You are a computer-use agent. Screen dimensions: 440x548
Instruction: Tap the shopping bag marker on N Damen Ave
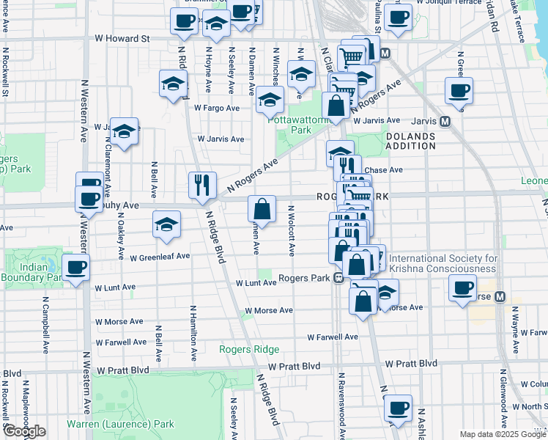click(262, 209)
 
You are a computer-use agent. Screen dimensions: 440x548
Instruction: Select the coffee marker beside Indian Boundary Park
click(76, 268)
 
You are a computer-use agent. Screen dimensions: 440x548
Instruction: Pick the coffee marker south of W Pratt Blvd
click(398, 408)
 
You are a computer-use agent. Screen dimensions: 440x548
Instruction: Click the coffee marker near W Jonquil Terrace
click(398, 18)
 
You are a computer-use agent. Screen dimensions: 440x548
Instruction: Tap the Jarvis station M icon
click(444, 121)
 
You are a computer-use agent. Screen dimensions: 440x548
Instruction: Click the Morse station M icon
click(500, 297)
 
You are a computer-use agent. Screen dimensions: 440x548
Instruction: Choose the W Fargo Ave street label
click(217, 108)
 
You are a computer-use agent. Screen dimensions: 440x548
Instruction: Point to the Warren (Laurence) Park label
click(121, 424)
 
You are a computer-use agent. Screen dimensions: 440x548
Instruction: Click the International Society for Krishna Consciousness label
click(443, 263)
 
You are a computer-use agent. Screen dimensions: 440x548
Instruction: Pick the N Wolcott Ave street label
click(291, 230)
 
